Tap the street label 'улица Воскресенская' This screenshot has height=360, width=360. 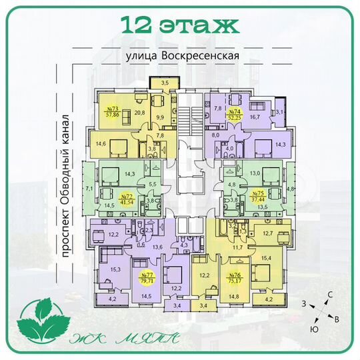[x=181, y=57]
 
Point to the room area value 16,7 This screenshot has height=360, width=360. [x=255, y=117]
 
